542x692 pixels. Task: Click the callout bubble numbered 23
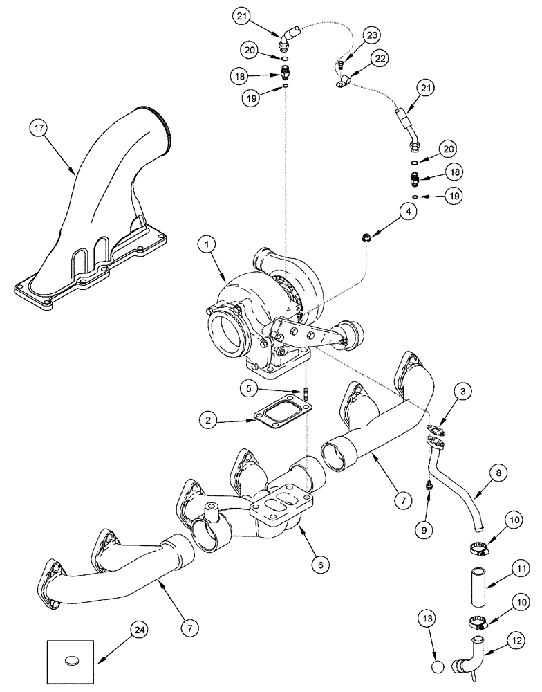(372, 35)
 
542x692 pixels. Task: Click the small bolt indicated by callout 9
(429, 487)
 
